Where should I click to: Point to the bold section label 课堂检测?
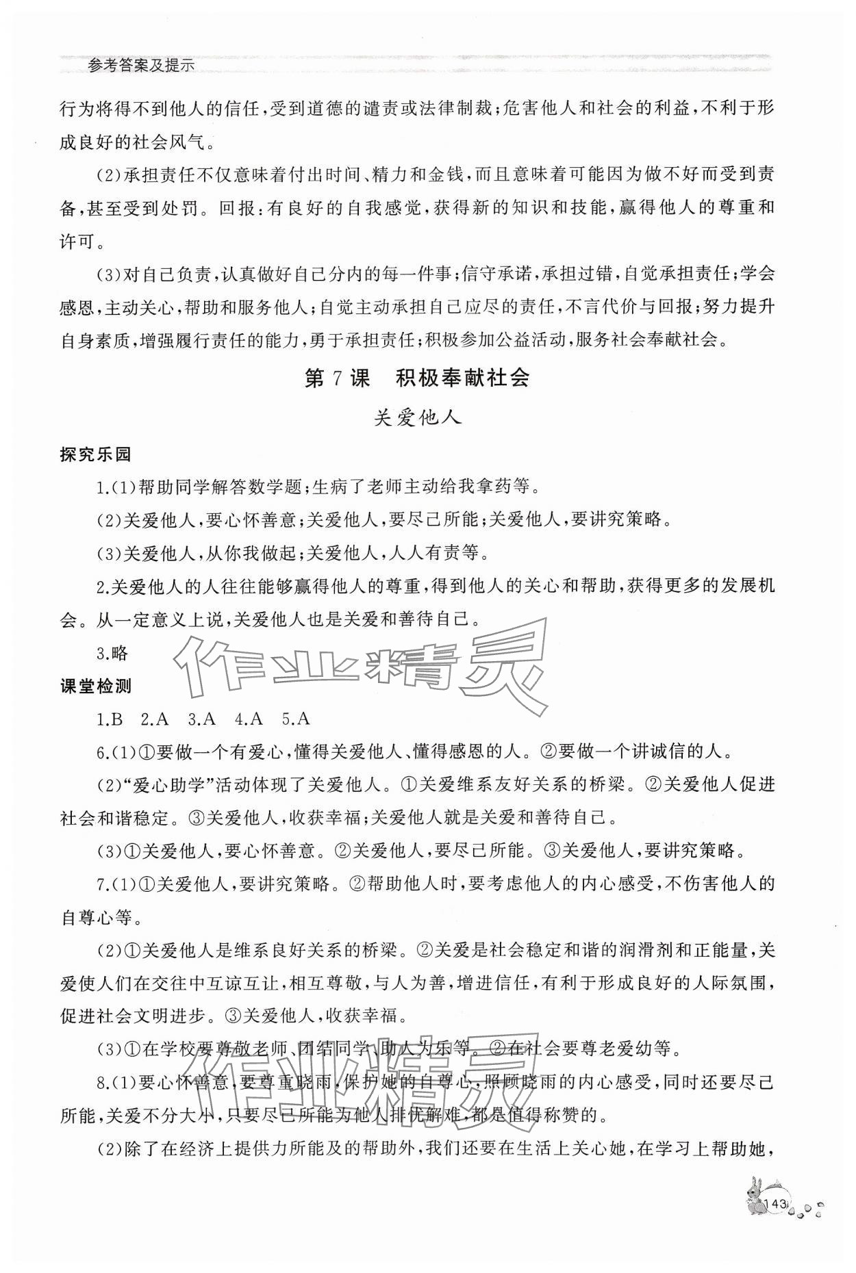(95, 686)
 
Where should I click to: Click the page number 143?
(776, 1223)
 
